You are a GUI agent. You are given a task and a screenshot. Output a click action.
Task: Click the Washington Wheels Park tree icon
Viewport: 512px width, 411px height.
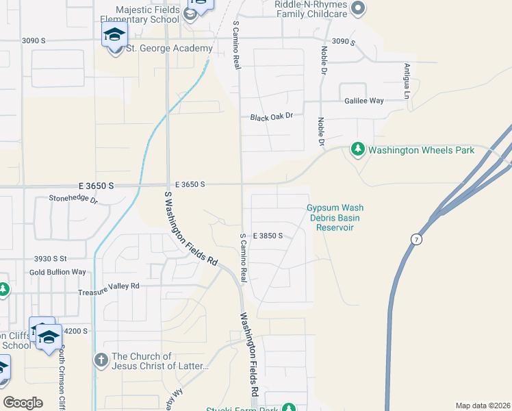[x=357, y=149]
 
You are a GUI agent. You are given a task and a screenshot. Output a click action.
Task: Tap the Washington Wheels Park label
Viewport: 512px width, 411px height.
[x=421, y=150]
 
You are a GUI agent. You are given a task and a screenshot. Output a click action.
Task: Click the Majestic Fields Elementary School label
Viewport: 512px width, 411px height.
[x=147, y=14]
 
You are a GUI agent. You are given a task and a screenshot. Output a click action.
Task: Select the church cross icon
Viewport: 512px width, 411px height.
[x=101, y=359]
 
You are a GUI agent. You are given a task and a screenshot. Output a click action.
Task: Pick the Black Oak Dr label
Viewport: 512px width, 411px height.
[x=271, y=117]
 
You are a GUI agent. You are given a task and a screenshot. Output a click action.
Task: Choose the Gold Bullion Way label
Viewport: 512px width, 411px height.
[x=57, y=272]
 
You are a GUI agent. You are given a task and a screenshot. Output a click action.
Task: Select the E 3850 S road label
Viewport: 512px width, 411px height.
[x=268, y=235]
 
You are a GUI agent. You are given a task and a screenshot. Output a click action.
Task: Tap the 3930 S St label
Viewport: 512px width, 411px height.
[x=50, y=258]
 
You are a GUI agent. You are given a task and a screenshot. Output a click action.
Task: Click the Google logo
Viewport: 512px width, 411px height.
[x=23, y=403]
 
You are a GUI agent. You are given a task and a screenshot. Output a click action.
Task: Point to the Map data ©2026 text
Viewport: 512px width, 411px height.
[x=482, y=406]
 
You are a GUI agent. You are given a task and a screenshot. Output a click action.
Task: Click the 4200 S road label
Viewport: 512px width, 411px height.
[x=75, y=331]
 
